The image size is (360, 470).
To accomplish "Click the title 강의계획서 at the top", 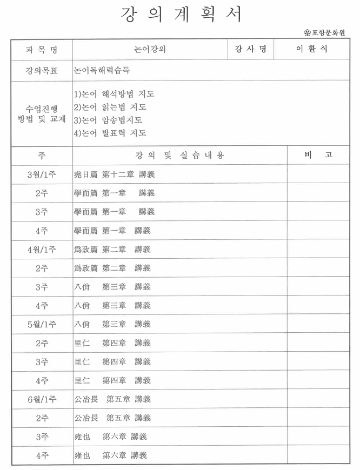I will click(180, 14).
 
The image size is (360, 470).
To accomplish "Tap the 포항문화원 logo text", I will click(328, 32).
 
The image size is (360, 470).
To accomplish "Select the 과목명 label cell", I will click(42, 50).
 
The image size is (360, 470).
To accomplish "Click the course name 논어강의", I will click(150, 50).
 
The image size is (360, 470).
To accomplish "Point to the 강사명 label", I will click(250, 49).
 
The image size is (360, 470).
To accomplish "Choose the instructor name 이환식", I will click(311, 49).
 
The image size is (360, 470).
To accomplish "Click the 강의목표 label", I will click(42, 70).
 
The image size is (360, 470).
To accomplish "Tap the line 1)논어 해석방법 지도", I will click(114, 94).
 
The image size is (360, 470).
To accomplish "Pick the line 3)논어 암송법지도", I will click(108, 120).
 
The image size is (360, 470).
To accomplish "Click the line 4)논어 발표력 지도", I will click(110, 133).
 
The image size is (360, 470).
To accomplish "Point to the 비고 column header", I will click(318, 155).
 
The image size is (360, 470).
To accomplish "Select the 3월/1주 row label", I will click(42, 174).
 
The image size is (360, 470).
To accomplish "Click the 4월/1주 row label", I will click(42, 249).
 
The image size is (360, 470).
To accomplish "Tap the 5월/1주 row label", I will click(42, 324).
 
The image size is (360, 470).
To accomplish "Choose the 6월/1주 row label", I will click(42, 399).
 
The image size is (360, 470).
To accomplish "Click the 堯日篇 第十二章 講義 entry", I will click(114, 174).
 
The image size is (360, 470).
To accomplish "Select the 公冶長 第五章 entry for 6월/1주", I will click(112, 399).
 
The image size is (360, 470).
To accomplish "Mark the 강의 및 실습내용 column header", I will click(179, 156).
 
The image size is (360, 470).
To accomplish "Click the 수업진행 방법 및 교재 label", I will click(42, 113).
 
